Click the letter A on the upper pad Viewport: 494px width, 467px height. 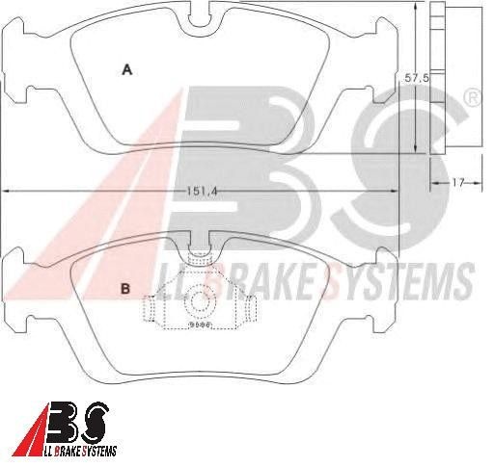[127, 69]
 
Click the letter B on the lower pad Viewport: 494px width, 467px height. [125, 289]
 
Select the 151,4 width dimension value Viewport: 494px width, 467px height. [203, 192]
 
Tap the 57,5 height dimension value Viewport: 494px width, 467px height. [417, 78]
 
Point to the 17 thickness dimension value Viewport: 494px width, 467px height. [458, 183]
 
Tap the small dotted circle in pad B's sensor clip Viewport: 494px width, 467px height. [200, 301]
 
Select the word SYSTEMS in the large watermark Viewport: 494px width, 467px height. [399, 281]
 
